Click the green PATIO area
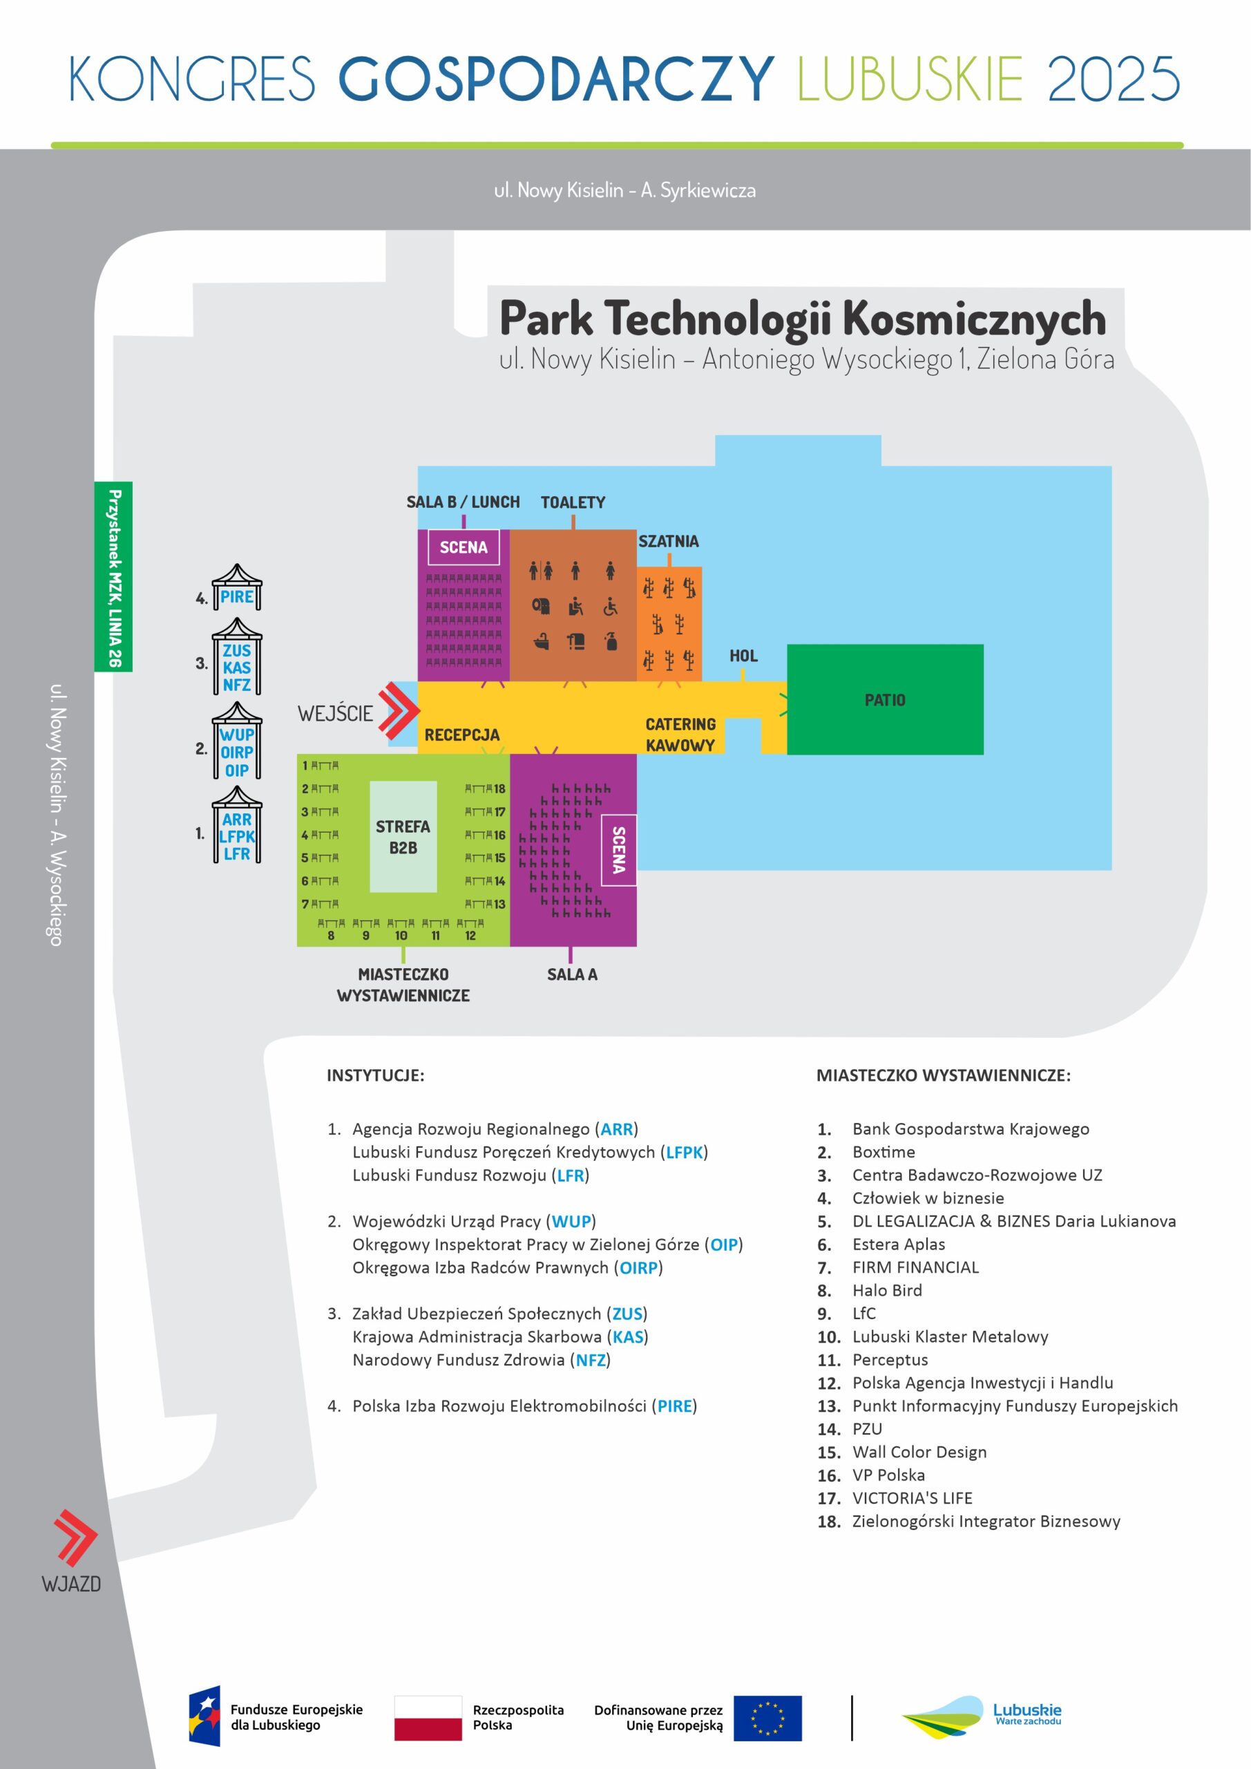[884, 699]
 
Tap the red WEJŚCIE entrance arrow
[399, 710]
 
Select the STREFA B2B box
[403, 837]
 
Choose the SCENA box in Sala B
[463, 548]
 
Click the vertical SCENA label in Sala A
[618, 850]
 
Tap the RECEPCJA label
[461, 735]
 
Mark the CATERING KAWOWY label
[680, 735]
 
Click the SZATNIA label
[668, 542]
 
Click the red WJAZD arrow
[75, 1538]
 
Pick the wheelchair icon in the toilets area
[610, 607]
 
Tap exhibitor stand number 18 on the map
[486, 789]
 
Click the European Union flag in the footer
[767, 1717]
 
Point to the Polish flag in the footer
[428, 1717]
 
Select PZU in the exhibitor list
[867, 1429]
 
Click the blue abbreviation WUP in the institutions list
[571, 1221]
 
